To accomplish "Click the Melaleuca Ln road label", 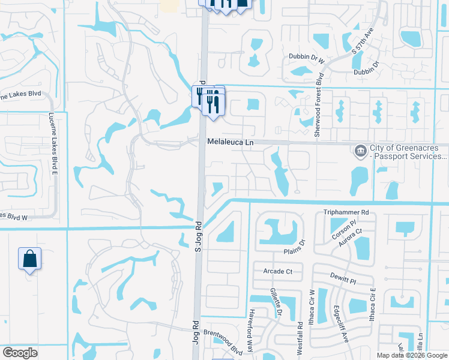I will coord(231,143).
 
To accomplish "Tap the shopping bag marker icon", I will coord(29,259).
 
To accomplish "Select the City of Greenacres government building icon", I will coord(360,149).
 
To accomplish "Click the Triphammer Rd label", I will coord(346,212).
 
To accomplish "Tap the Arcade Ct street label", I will coord(277,271).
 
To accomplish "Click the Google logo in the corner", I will coord(20,353).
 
